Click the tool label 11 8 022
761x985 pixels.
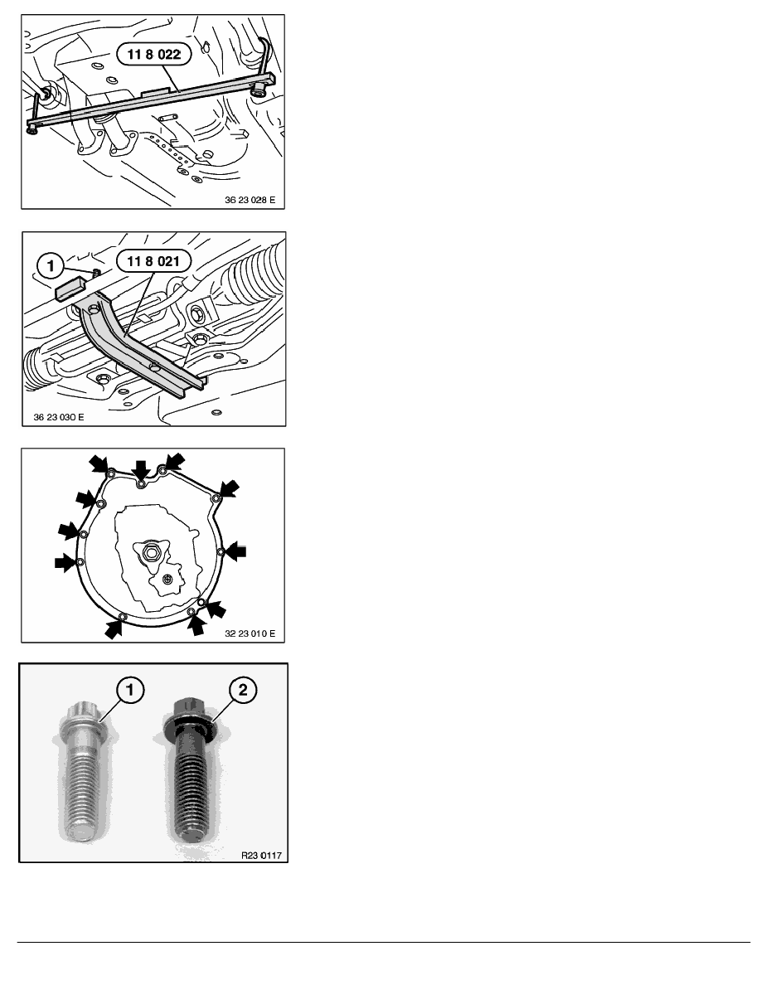tap(154, 54)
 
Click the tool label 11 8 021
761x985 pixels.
tap(153, 261)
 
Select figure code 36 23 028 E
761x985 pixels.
tap(250, 200)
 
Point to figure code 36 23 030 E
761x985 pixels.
tap(58, 417)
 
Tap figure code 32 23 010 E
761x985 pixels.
tap(250, 633)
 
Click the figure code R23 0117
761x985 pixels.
tap(261, 855)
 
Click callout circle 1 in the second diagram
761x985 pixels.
tap(51, 265)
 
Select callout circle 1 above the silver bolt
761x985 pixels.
tap(130, 690)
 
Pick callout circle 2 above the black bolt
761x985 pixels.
tap(242, 690)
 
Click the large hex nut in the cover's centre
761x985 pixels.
tap(151, 553)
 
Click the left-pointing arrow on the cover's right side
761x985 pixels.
tap(236, 551)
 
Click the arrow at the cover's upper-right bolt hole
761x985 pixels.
tap(229, 488)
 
